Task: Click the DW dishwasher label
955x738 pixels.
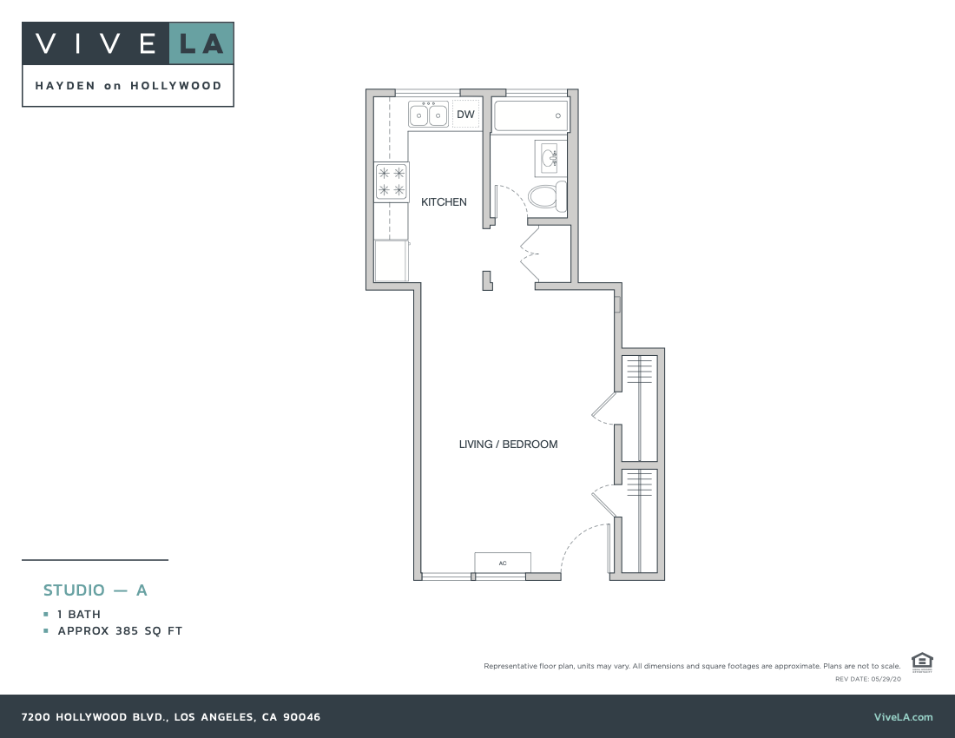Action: pyautogui.click(x=465, y=115)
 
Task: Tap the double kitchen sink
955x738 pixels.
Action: pyautogui.click(x=428, y=115)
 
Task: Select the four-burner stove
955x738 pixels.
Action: pyautogui.click(x=392, y=181)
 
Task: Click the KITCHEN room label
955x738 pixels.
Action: pyautogui.click(x=444, y=202)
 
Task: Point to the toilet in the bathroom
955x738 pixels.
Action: pyautogui.click(x=547, y=196)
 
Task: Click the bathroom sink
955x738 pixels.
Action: pyautogui.click(x=550, y=158)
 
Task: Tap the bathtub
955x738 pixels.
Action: pyautogui.click(x=530, y=115)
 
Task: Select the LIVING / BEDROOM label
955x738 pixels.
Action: pyautogui.click(x=508, y=445)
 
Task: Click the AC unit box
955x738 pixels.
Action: pyautogui.click(x=503, y=563)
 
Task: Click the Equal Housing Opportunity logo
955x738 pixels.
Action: pyautogui.click(x=922, y=662)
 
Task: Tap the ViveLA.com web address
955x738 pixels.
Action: pyautogui.click(x=904, y=717)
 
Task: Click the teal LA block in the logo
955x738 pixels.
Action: pyautogui.click(x=201, y=43)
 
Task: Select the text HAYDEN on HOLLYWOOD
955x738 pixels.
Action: pyautogui.click(x=128, y=86)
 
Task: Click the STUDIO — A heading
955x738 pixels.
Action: pyautogui.click(x=95, y=590)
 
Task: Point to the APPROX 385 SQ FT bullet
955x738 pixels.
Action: pyautogui.click(x=120, y=631)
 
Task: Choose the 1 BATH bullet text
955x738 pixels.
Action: pyautogui.click(x=79, y=615)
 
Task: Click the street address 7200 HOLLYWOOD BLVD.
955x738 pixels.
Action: pyautogui.click(x=171, y=717)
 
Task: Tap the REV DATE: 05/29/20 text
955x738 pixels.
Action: pyautogui.click(x=867, y=678)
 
